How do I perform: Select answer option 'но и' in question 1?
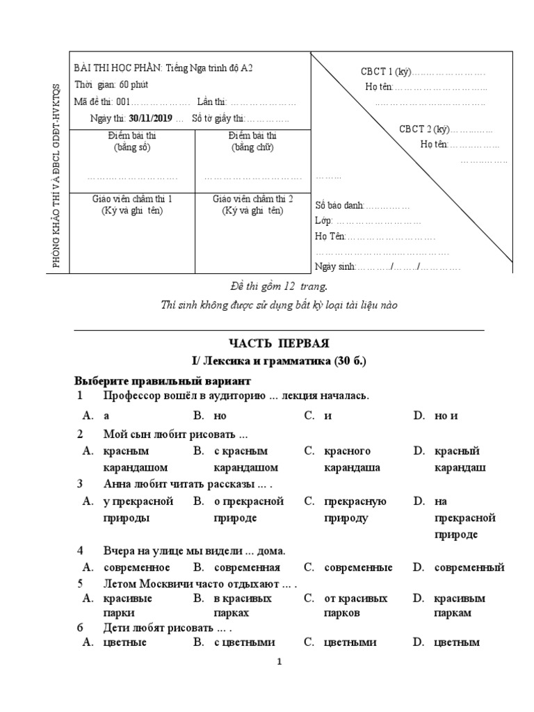tap(446, 416)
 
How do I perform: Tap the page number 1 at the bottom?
tap(279, 663)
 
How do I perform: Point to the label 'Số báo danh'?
tap(339, 205)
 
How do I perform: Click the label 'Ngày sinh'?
tap(335, 266)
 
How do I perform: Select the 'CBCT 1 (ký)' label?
tap(387, 72)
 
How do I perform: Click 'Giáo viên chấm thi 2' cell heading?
tap(252, 199)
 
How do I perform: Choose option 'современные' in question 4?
tap(358, 567)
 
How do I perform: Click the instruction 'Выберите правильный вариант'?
tap(163, 381)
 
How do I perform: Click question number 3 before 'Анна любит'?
tap(80, 485)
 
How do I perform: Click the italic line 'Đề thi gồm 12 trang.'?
tap(278, 286)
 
